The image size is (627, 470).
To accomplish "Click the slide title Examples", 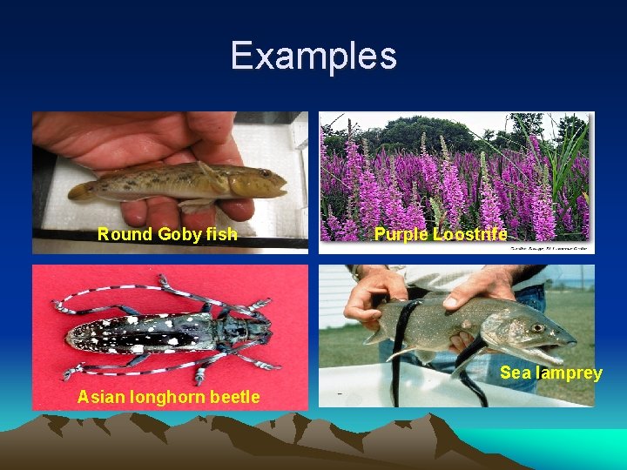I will [313, 56].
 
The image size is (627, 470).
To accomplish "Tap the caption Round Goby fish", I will [167, 233].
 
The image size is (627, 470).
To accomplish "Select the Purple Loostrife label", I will [441, 233].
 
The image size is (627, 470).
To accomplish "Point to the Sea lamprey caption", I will [550, 373].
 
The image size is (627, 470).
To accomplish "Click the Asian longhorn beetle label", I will [168, 397].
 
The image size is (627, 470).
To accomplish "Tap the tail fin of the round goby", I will [83, 190].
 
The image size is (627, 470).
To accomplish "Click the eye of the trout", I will [538, 329].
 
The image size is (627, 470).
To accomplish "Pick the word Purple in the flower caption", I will [400, 233].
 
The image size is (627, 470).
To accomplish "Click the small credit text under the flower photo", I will [545, 248].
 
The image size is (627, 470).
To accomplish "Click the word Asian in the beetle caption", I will [99, 397].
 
